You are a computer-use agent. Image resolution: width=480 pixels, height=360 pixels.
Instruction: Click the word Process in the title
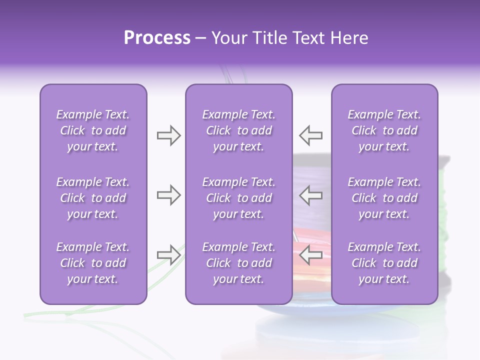point(157,38)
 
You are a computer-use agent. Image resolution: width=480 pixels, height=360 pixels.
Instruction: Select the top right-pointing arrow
point(168,135)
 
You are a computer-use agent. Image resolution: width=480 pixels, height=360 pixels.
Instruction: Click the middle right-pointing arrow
point(168,195)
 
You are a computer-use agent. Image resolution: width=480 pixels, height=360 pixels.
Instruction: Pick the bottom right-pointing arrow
point(168,255)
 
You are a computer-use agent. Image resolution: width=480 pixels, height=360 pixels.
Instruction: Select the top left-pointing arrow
point(311,135)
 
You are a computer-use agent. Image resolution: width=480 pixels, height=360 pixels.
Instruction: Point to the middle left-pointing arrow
point(311,195)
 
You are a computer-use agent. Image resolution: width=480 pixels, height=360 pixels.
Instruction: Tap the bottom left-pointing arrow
point(311,254)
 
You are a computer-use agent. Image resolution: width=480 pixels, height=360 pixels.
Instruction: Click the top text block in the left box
point(93,131)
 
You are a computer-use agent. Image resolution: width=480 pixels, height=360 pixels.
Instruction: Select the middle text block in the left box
point(93,198)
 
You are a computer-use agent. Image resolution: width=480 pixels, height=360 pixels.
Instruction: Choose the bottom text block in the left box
point(93,263)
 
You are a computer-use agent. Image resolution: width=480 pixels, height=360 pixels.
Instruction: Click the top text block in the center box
point(239,131)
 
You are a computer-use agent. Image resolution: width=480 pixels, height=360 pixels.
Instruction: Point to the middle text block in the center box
point(239,198)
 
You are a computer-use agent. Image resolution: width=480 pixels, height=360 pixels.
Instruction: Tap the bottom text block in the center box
point(239,263)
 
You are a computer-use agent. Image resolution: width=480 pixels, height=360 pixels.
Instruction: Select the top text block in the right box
point(384,131)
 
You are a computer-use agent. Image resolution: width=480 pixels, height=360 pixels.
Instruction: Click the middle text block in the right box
point(384,198)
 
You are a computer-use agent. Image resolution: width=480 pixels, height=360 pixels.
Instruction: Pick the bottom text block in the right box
point(384,263)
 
